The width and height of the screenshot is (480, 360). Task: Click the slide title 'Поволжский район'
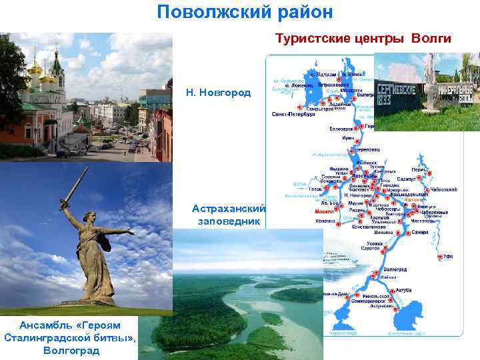point(245,12)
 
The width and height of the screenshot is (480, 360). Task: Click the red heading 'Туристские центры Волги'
point(363,39)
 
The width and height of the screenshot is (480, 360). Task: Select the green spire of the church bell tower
point(59,63)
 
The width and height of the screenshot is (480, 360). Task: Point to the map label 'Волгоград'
point(395,269)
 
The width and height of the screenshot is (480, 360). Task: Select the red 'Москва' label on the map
point(324,212)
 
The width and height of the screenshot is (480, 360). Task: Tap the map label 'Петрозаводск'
point(331,85)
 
